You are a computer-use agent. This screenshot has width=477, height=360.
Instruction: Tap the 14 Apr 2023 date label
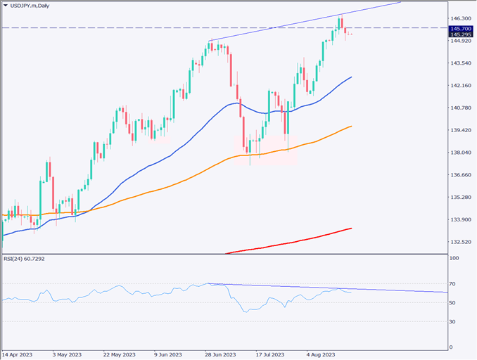click(17, 354)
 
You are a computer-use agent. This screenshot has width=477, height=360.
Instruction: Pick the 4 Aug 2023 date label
click(321, 354)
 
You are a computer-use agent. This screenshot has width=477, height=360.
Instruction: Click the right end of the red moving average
click(351, 228)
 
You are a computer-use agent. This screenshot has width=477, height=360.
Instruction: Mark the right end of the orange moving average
click(351, 127)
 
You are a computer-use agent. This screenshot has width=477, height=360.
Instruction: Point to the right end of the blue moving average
click(351, 77)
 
